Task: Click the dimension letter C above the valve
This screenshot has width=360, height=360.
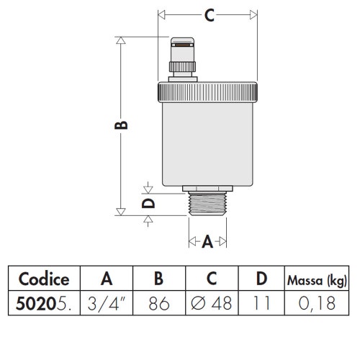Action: click(208, 16)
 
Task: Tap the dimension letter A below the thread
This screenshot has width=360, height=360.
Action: click(207, 242)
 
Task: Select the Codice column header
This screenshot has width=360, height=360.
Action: click(43, 279)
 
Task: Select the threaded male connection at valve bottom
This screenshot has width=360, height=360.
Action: click(207, 202)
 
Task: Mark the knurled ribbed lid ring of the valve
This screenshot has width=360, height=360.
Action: click(207, 93)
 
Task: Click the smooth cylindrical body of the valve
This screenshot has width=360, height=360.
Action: click(207, 144)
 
